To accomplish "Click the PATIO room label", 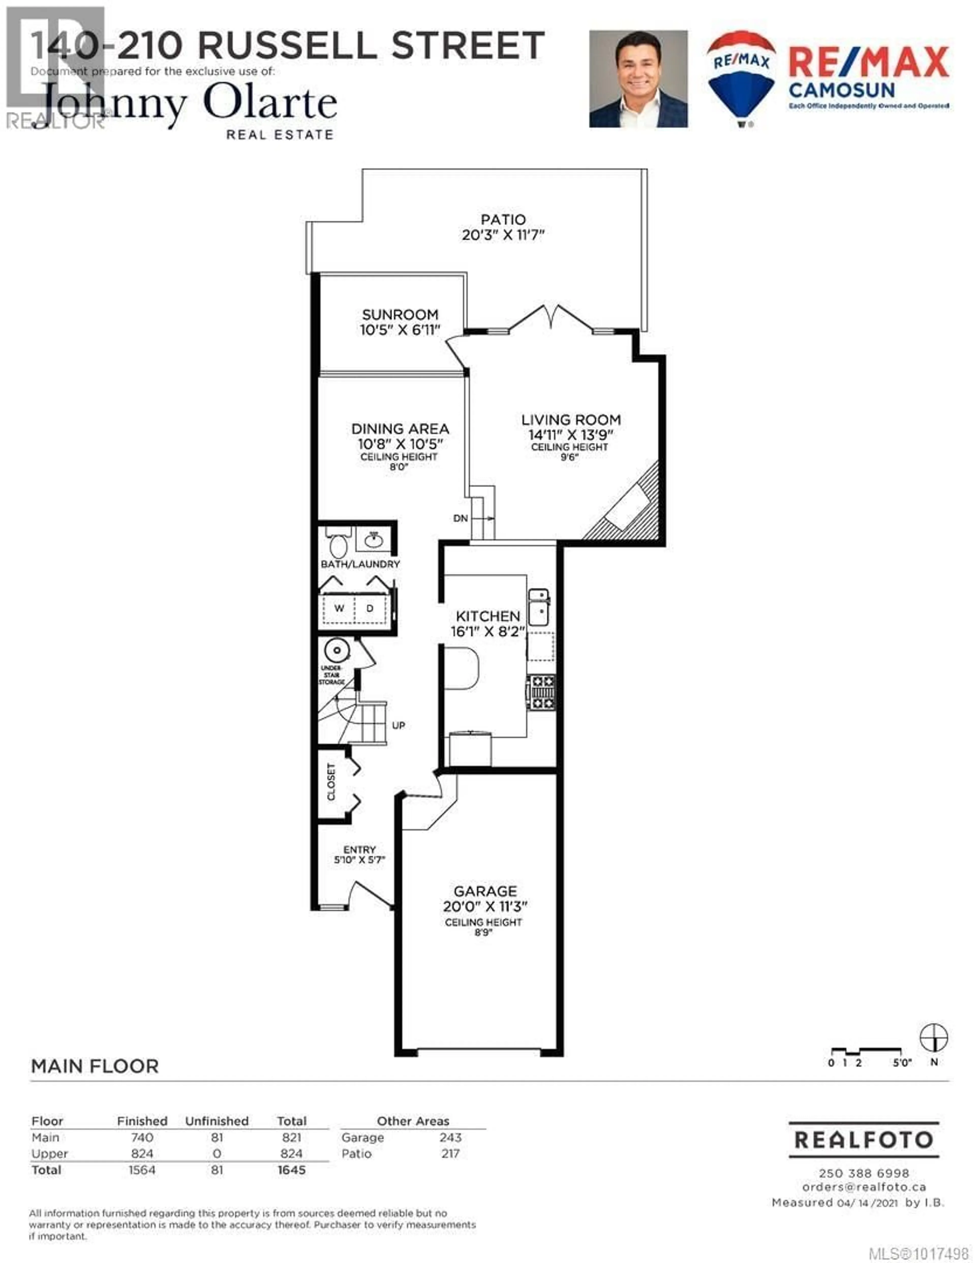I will [x=503, y=220].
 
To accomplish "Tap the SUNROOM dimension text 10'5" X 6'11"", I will [x=400, y=330].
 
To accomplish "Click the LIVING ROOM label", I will [x=571, y=420].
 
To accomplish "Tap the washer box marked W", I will [x=339, y=608].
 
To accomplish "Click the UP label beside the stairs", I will [x=398, y=725].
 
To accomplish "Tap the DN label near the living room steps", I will [x=460, y=518].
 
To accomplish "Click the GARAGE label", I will [x=484, y=891].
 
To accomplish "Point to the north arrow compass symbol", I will [x=934, y=1038].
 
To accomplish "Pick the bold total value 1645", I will [x=292, y=1170].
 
